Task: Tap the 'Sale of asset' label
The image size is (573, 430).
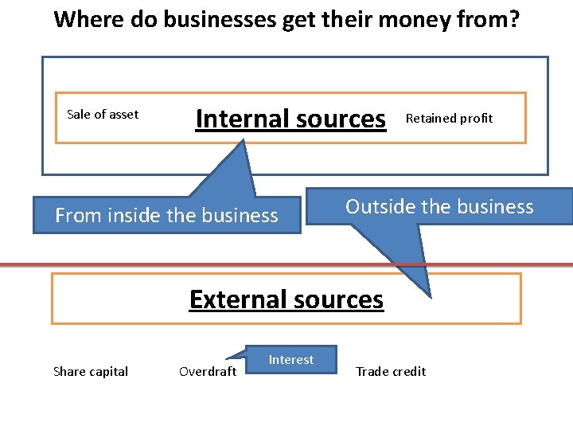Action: click(103, 115)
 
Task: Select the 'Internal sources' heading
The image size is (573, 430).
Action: click(290, 119)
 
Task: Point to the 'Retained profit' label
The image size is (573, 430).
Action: click(449, 119)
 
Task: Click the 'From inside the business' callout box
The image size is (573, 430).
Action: click(166, 215)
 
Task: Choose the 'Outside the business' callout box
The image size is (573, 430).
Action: click(439, 207)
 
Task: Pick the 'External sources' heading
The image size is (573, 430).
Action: click(286, 299)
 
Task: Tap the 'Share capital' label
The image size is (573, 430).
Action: click(90, 372)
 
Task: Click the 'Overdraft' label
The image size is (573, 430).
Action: click(208, 372)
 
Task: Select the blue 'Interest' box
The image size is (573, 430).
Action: click(291, 360)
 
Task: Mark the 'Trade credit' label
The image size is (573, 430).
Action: click(391, 372)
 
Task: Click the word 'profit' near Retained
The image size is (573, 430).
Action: click(477, 119)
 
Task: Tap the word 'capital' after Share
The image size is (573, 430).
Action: click(108, 372)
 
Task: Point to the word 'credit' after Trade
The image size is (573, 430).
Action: click(409, 372)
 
